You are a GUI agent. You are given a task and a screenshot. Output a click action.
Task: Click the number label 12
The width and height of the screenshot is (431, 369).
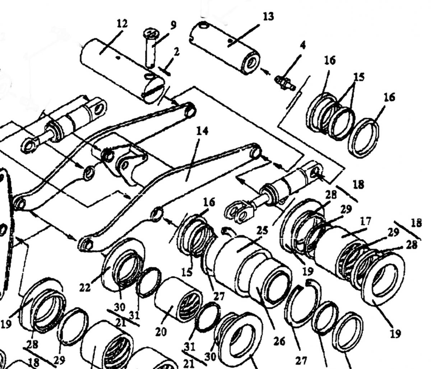[122, 24]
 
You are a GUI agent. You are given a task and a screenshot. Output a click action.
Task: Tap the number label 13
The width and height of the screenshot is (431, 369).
[268, 17]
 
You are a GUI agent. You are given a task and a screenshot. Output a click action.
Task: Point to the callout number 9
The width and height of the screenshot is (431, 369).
[173, 25]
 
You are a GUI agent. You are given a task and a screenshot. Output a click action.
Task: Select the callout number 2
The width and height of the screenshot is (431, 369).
[176, 52]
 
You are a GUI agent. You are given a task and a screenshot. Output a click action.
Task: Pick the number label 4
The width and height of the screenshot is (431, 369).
[303, 45]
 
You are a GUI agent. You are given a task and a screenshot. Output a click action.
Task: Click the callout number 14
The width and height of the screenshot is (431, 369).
[203, 131]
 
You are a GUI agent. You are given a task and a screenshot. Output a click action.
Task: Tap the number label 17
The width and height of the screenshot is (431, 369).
[365, 221]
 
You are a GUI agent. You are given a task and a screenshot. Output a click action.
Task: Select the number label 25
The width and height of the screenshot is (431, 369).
[262, 231]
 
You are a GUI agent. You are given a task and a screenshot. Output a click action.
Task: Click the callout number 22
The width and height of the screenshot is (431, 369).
[85, 288]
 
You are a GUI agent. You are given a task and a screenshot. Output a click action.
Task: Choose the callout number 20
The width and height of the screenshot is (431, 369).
[161, 332]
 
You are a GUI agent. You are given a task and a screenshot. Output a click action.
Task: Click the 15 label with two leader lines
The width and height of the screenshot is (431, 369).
[359, 77]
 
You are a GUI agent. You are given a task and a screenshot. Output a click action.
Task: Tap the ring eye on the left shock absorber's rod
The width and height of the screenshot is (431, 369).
[29, 145]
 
